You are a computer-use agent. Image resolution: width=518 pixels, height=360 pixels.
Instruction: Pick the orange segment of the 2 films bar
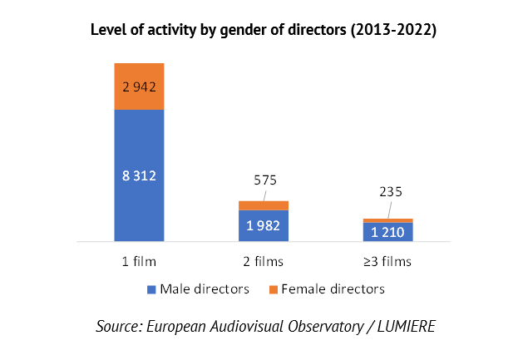coord(264,205)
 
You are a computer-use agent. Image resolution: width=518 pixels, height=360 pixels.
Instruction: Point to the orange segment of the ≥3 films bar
coord(387,220)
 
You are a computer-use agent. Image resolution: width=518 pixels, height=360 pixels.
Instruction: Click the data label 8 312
coord(139,175)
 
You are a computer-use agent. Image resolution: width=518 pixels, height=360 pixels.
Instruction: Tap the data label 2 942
coord(139,86)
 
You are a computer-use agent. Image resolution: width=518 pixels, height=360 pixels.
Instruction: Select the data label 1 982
coord(264,226)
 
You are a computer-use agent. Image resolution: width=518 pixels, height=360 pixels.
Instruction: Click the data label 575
coord(264,180)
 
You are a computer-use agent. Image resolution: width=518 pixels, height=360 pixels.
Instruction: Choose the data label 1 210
coord(387,232)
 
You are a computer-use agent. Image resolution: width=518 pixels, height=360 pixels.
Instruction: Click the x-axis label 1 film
coord(139,261)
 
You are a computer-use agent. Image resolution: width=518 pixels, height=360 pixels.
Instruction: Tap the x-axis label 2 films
coord(264,261)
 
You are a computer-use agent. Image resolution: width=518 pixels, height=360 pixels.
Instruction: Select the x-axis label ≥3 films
coord(387,261)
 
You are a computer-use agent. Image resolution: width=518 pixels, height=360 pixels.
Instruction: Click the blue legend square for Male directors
coord(151,289)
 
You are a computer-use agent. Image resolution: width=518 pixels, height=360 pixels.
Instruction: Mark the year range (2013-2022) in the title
coord(390,31)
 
